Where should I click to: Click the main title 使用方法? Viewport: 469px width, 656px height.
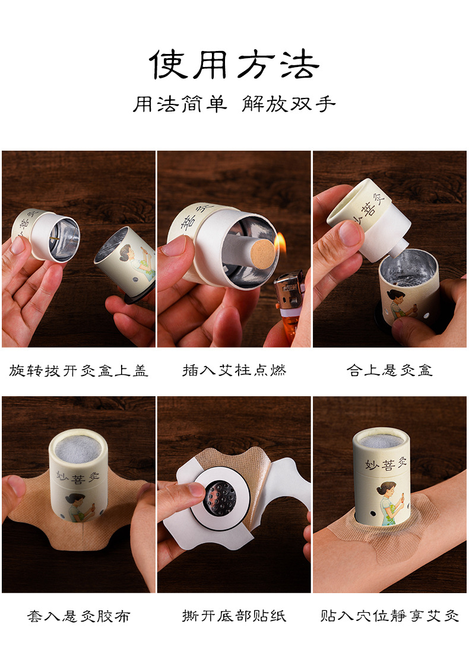pos(234,64)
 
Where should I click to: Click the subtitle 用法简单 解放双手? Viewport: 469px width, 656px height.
pos(234,104)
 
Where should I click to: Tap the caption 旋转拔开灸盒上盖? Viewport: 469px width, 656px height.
pos(78,371)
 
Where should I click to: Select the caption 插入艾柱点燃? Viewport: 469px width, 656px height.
pos(234,371)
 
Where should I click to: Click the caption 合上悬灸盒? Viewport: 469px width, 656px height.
pos(389,371)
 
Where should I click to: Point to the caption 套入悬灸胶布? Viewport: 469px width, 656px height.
pos(78,616)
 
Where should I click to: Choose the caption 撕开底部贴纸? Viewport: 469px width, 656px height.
pos(234,616)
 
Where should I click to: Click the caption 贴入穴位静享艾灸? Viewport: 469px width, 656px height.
pos(389,616)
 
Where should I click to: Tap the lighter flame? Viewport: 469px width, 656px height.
pos(280,243)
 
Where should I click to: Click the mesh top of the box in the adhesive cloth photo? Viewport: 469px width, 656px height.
pos(78,444)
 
